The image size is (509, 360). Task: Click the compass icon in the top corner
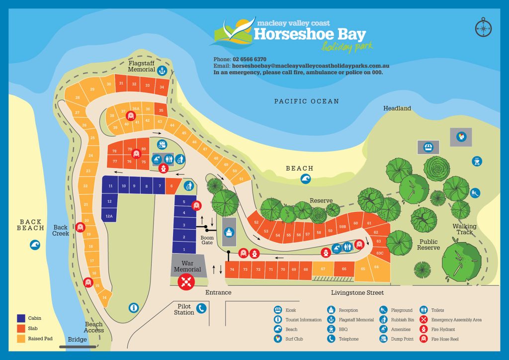(x=482, y=27)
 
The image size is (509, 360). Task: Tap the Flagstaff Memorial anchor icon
(x=161, y=71)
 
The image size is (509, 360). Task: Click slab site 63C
(x=380, y=253)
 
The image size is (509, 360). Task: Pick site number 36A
(x=135, y=109)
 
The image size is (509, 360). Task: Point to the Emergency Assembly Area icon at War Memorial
(x=187, y=282)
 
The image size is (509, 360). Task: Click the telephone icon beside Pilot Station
(x=201, y=309)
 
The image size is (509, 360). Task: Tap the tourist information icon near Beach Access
(x=133, y=308)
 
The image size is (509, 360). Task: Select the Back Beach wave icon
(x=34, y=245)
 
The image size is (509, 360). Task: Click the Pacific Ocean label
(x=307, y=101)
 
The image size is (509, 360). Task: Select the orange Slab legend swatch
(x=21, y=328)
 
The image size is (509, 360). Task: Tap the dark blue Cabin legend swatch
(x=21, y=318)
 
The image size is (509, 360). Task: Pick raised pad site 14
(x=104, y=298)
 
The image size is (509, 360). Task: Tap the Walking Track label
(x=464, y=229)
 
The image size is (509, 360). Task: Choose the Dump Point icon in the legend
(x=384, y=339)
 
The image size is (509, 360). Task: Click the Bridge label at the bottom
(x=77, y=340)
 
